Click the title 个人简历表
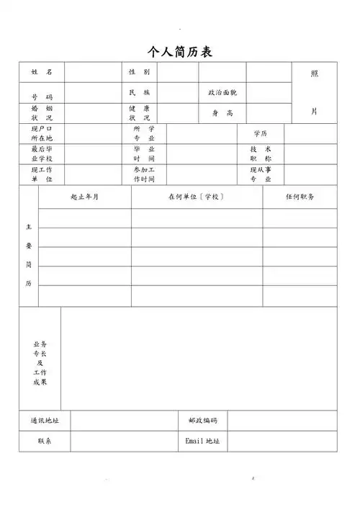coord(180,52)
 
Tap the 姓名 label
coord(42,73)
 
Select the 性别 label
coord(139,73)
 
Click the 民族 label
coord(139,93)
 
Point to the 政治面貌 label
coord(222,93)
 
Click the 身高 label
coord(222,113)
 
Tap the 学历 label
coord(261,134)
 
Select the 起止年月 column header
coord(85,197)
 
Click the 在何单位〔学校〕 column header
coord(197,197)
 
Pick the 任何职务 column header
coord(300,197)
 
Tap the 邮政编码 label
coord(202,420)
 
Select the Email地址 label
coord(202,441)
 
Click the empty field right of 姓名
coord(91,73)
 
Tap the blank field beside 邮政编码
coord(282,420)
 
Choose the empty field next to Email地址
coord(282,441)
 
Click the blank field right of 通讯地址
coord(123,420)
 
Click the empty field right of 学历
coord(310,134)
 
